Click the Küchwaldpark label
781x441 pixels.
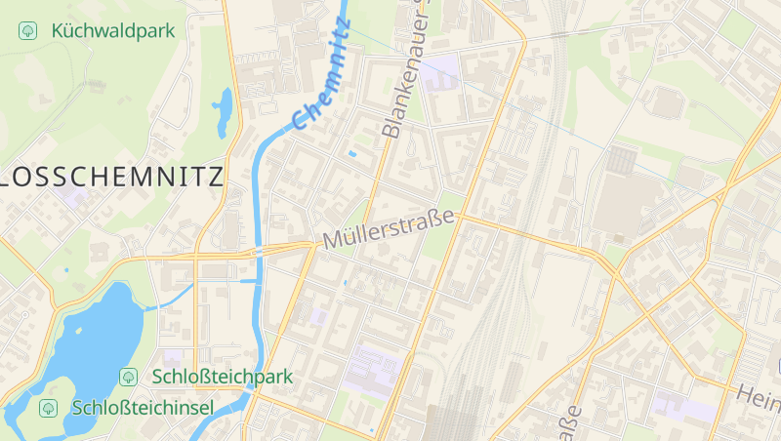[113, 30]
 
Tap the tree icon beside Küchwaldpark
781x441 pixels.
[27, 30]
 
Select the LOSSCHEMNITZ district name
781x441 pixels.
[112, 177]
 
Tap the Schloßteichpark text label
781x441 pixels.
[222, 377]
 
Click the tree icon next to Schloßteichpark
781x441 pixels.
[128, 377]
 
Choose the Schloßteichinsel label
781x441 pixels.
[143, 408]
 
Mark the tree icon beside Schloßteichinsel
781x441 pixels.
[46, 408]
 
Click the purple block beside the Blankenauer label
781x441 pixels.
[442, 70]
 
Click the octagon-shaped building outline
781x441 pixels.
[668, 103]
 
